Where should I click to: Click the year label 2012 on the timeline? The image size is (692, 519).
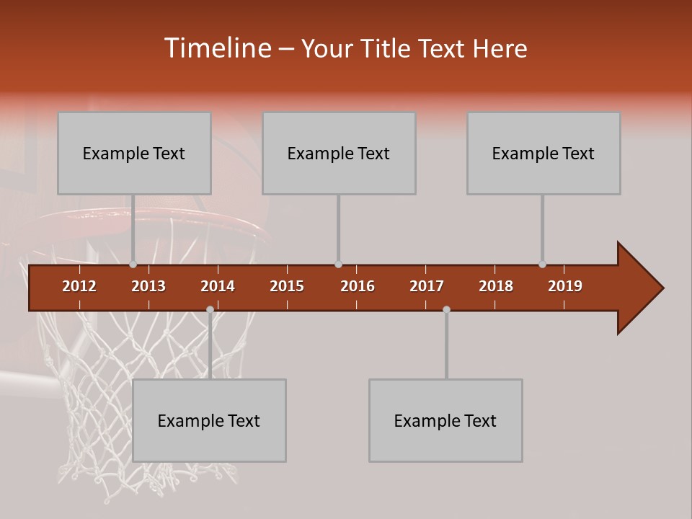pos(79,286)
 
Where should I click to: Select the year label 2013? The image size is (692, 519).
pos(148,286)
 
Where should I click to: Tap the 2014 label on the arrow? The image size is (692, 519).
pos(218,286)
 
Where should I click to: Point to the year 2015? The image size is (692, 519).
pos(287,286)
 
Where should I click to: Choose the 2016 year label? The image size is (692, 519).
pos(358,286)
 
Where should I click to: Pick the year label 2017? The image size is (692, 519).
pos(427,286)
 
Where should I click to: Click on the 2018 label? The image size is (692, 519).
pos(496,286)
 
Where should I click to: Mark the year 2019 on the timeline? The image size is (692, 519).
pos(565,286)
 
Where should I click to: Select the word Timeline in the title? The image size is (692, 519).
pos(216,48)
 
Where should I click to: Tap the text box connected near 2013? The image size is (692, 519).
pos(134,154)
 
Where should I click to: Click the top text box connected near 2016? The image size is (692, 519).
pos(339,154)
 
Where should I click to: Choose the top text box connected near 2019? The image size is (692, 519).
pos(544,154)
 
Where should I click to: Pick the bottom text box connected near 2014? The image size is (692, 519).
pos(209,420)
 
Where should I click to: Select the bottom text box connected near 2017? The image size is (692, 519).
pos(445,420)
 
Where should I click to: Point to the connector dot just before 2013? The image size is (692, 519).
pos(133,265)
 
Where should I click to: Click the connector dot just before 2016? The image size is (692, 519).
pos(338,265)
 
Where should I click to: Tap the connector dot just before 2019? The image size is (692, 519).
pos(542,265)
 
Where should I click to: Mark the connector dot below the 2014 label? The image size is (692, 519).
pos(210,309)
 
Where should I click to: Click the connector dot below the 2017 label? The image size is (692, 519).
pos(446,309)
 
